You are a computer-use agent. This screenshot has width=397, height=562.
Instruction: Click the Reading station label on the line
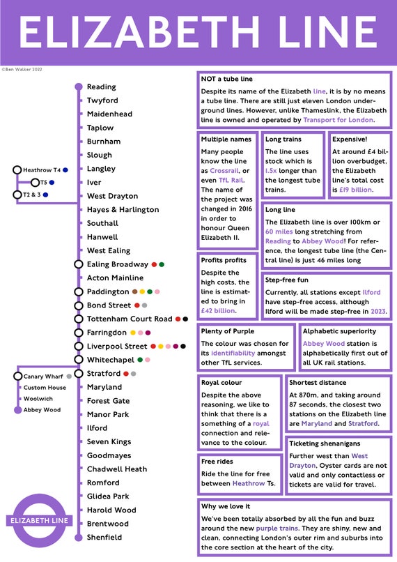tap(101, 86)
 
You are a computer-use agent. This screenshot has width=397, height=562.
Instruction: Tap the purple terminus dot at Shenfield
tap(79, 538)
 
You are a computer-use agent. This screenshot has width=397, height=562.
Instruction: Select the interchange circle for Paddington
tap(79, 291)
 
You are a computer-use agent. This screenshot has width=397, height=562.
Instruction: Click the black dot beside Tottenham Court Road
tap(185, 319)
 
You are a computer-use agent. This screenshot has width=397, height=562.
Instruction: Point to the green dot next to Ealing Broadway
tap(162, 264)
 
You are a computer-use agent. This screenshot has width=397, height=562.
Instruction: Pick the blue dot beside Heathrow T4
tap(65, 170)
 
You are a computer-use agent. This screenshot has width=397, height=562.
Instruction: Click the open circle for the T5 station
tap(35, 183)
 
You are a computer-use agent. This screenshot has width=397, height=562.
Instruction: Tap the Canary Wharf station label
tap(43, 377)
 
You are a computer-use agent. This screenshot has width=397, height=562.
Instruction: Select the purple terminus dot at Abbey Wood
tap(17, 410)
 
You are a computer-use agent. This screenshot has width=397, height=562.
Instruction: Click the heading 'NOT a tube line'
tap(226, 79)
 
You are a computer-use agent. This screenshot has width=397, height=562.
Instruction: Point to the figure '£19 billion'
tap(355, 190)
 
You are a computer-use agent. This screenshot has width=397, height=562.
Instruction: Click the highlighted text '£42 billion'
tap(217, 311)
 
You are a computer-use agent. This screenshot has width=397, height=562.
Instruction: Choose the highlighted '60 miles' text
tap(279, 231)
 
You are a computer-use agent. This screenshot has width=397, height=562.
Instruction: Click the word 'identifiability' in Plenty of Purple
tap(233, 353)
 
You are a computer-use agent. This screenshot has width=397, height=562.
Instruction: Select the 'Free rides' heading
tap(217, 462)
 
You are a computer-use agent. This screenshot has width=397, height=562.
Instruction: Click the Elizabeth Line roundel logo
tap(40, 520)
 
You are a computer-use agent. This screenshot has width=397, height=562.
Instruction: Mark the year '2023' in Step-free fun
tap(378, 312)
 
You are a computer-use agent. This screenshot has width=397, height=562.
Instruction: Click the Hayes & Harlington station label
tap(123, 210)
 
